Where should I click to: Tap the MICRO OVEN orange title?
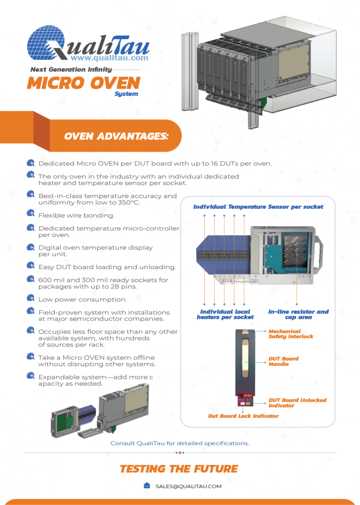point(84,83)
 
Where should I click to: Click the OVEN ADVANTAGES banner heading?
point(116,136)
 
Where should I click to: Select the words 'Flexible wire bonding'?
point(76,215)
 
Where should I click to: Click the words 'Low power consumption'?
point(82,299)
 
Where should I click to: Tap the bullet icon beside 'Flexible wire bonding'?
point(31,214)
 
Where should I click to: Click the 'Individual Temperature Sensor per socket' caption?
point(258,207)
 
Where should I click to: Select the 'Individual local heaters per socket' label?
point(225,314)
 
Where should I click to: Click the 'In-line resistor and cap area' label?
point(298,314)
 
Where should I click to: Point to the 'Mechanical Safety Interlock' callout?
point(291,334)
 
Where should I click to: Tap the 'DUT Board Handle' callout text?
point(284,361)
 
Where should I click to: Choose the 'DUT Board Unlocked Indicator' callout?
point(297,403)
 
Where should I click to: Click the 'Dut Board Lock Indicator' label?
point(243,416)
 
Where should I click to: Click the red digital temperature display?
point(246,396)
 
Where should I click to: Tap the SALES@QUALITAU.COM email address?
point(188,486)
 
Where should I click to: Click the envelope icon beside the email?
point(147,486)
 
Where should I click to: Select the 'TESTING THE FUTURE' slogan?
point(179,469)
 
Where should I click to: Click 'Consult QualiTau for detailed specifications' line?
point(180,443)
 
